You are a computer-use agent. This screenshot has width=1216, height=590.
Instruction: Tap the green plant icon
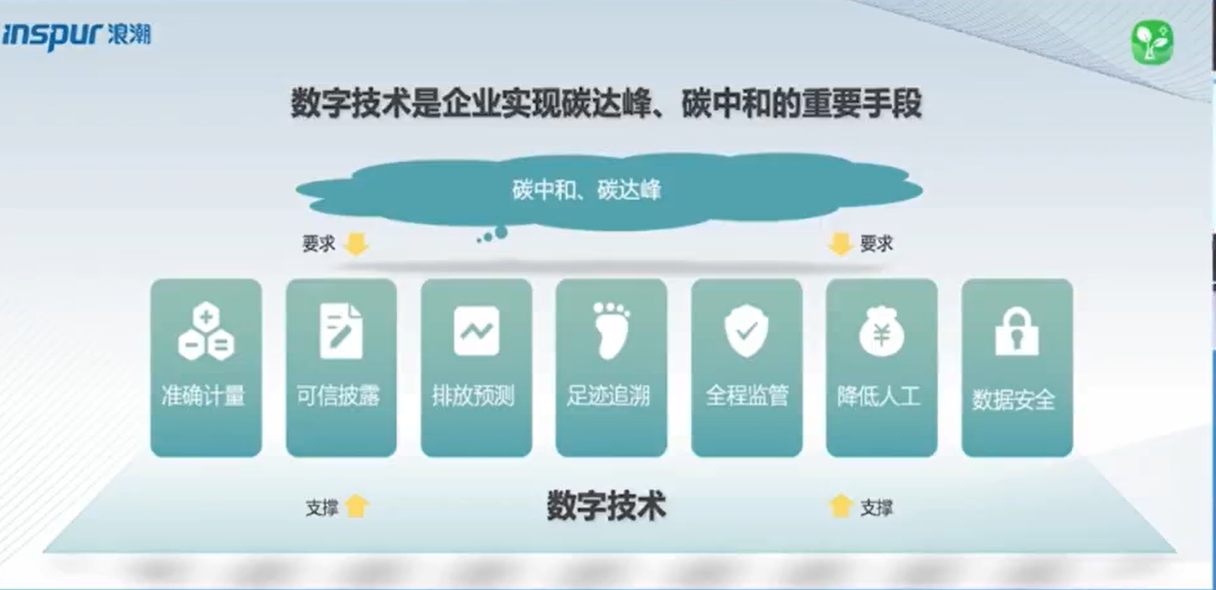coord(1152,43)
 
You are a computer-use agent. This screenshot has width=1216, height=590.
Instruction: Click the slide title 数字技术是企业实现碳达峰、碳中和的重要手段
coord(606,103)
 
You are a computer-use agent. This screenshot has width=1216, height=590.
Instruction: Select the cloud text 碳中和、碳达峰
coord(586,190)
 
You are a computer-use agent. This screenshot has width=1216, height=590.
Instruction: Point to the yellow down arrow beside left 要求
coord(356,244)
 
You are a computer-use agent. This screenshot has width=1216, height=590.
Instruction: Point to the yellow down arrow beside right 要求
coord(840,244)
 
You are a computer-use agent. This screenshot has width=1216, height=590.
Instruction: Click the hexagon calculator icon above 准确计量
coord(206,331)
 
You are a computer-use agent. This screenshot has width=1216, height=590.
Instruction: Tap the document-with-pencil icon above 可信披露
coord(341,331)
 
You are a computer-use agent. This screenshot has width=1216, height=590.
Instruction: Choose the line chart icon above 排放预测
coord(476,331)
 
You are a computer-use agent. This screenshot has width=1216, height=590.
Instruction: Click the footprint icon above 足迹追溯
coord(610,330)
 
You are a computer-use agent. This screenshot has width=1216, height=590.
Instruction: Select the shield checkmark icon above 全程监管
coord(746,330)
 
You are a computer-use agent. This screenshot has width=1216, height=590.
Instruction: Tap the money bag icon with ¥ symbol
coord(882,331)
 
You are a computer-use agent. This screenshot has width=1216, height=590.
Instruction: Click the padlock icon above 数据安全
coord(1017,331)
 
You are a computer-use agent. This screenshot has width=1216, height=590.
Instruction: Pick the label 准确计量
coord(204,395)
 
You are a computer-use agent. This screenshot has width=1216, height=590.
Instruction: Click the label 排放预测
coord(474,395)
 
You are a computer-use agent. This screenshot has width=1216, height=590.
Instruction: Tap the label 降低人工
coord(878,395)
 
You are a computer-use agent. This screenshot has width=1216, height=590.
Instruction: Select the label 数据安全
coord(1014,400)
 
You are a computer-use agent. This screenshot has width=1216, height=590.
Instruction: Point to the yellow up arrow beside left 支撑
coord(357,506)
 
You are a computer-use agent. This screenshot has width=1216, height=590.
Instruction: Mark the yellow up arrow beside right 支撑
coord(840,506)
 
